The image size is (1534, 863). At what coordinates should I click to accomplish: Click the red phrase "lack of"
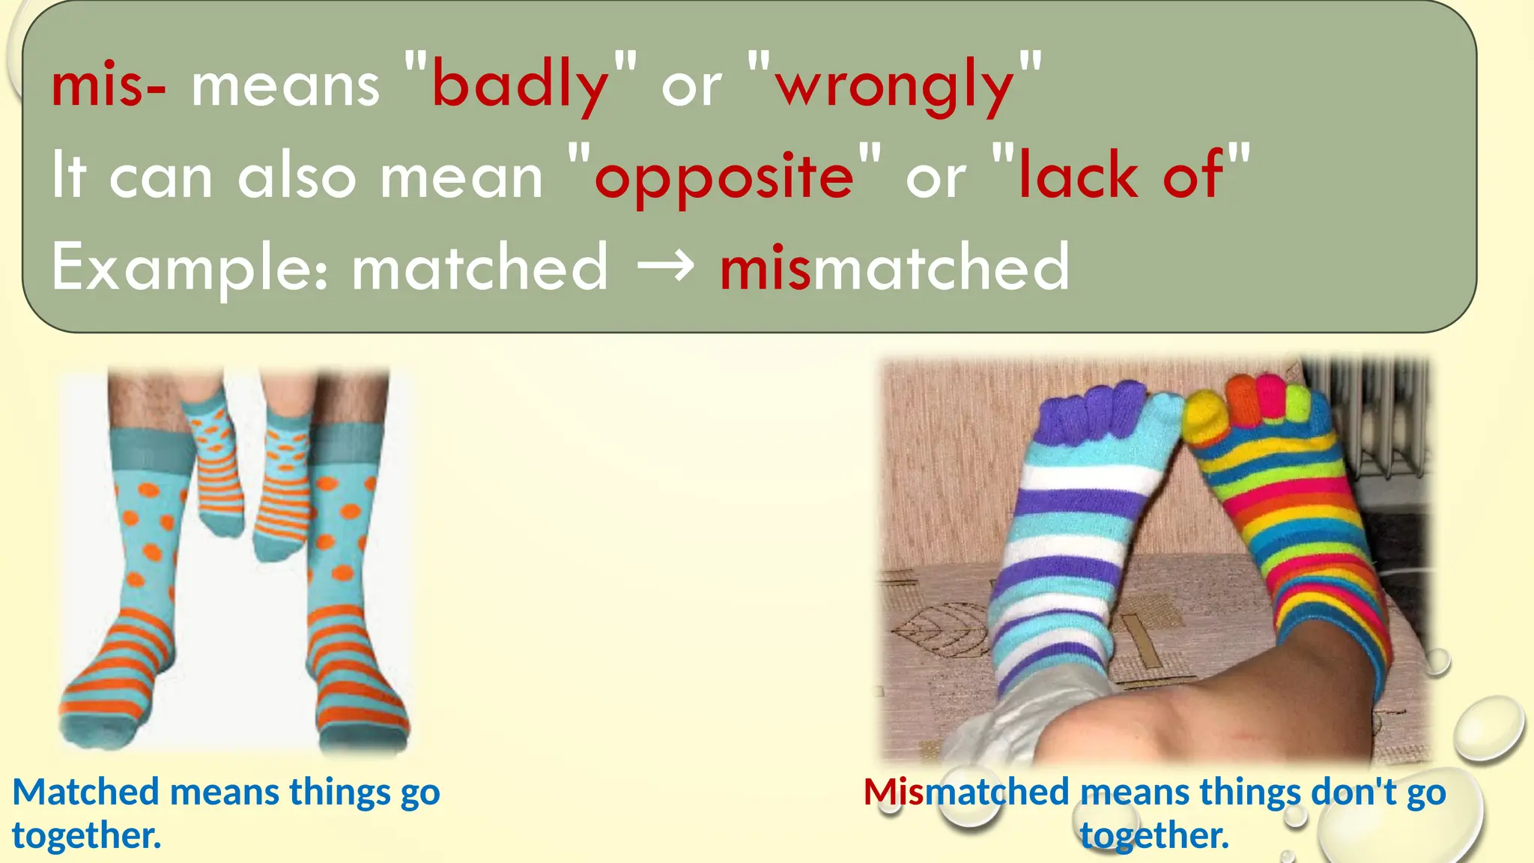click(x=1121, y=176)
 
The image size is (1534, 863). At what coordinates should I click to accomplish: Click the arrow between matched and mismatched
click(x=664, y=267)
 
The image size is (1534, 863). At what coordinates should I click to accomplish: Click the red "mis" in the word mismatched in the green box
click(x=765, y=268)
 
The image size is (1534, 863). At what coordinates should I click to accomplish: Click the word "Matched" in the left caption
click(x=86, y=792)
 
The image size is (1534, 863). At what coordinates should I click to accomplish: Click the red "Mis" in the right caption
click(x=893, y=792)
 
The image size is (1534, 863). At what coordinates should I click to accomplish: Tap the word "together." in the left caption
click(x=86, y=835)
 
